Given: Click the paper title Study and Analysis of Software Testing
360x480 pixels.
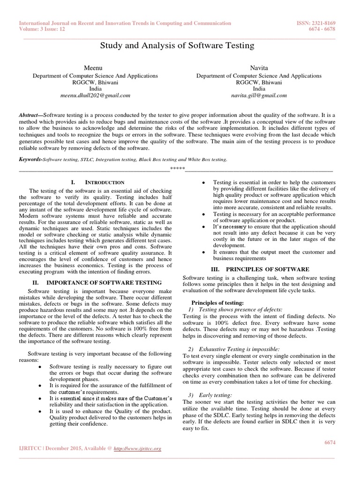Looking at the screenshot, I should (178, 46).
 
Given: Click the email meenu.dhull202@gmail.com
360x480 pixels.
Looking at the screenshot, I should (95, 95).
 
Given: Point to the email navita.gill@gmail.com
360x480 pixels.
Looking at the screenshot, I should (259, 95).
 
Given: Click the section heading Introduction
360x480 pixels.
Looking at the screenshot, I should (104, 182).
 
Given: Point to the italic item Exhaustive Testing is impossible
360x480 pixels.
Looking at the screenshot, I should (240, 349).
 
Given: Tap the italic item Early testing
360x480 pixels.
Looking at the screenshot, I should (220, 396).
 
